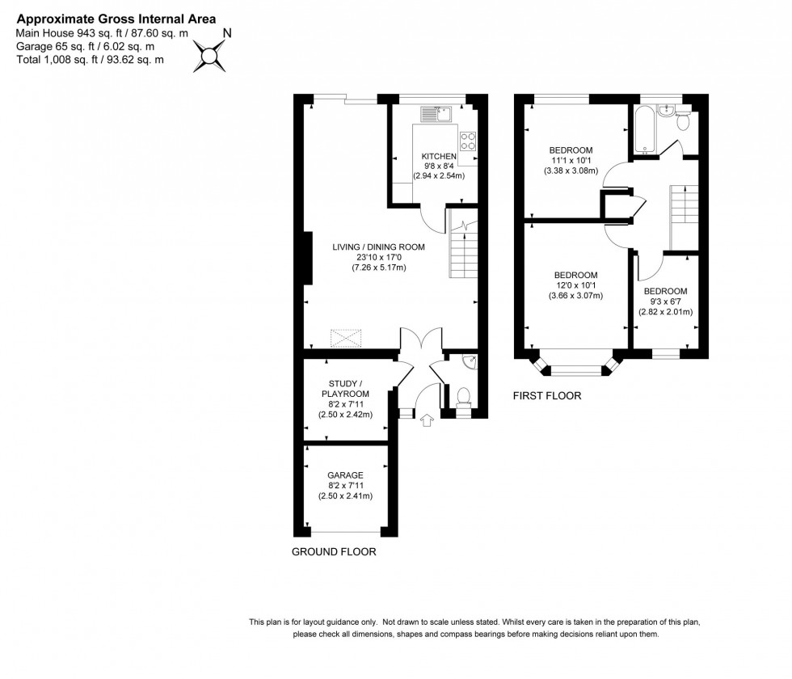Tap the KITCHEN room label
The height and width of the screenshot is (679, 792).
tap(438, 156)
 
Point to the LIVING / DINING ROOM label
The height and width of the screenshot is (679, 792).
tap(378, 247)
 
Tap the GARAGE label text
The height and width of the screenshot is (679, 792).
tap(345, 475)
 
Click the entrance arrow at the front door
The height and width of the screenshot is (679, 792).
tap(427, 419)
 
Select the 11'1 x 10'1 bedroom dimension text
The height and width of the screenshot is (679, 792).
tap(571, 160)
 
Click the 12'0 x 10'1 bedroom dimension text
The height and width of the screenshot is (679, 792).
tap(576, 285)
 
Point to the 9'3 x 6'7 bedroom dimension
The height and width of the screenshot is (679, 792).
tap(665, 302)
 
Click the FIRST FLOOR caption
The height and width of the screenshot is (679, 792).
tap(547, 396)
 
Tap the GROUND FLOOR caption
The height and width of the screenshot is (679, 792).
tap(334, 552)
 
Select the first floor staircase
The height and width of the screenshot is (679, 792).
tap(684, 215)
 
